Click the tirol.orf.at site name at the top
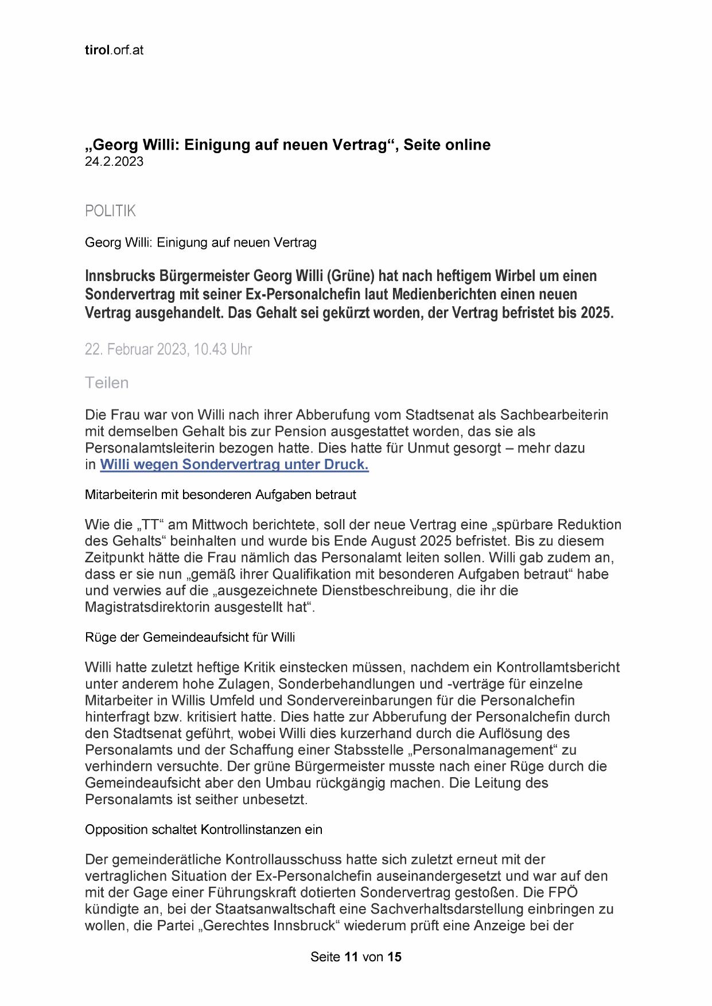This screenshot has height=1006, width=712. [x=114, y=50]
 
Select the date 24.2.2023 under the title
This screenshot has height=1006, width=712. [x=114, y=161]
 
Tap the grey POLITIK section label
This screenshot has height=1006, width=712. [x=110, y=211]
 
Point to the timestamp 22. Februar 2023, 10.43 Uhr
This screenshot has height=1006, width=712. [x=168, y=349]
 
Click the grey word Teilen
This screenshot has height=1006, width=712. [x=107, y=383]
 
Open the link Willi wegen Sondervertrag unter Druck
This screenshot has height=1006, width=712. [x=234, y=465]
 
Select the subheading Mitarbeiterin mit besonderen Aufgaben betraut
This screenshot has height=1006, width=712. [x=220, y=494]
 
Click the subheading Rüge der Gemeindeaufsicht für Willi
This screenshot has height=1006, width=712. [x=190, y=637]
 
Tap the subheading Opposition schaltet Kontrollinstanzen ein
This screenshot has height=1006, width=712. [x=204, y=829]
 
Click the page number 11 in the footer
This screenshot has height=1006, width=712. [x=352, y=957]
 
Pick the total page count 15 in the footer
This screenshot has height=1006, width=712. [x=394, y=957]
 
